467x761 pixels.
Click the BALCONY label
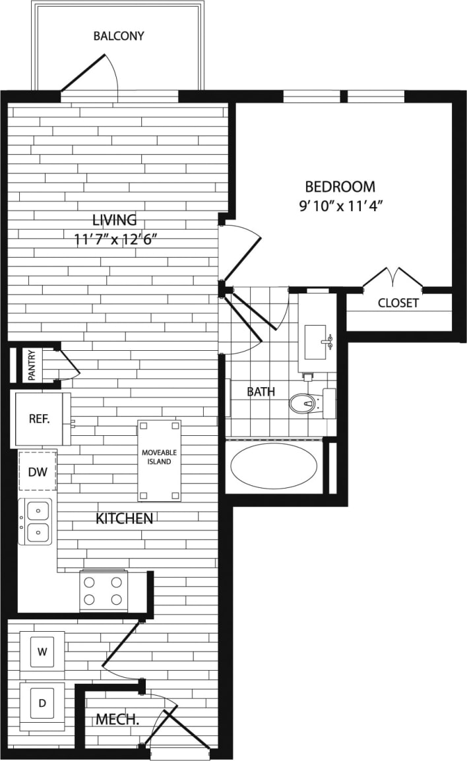point(119,36)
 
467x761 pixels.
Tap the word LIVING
point(114,220)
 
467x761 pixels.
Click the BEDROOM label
point(340,187)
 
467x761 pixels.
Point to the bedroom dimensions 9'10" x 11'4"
point(340,205)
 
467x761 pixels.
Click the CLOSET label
point(398,303)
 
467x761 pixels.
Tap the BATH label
point(261,392)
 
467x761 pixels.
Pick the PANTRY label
point(32,365)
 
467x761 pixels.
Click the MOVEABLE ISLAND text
point(159,457)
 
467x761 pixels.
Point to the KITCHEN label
point(125,519)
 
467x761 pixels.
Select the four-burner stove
point(103,591)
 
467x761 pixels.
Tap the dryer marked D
point(42,704)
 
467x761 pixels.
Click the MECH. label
point(117,719)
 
